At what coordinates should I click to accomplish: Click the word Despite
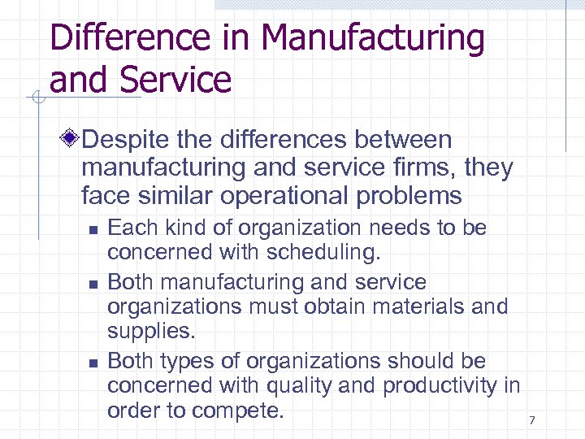pyautogui.click(x=129, y=140)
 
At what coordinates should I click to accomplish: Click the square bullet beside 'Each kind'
pyautogui.click(x=93, y=230)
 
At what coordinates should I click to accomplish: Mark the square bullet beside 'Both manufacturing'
pyautogui.click(x=93, y=284)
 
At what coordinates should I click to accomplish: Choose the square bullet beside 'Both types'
pyautogui.click(x=93, y=362)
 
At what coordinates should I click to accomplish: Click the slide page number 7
pyautogui.click(x=532, y=420)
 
